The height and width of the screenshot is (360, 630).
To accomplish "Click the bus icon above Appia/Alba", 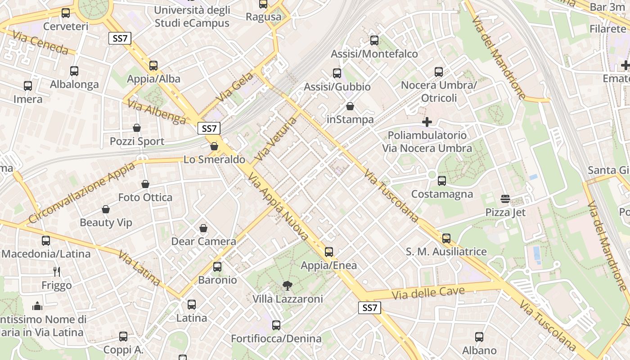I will pyautogui.click(x=153, y=66).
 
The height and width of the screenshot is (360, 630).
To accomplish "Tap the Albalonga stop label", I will pyautogui.click(x=74, y=84).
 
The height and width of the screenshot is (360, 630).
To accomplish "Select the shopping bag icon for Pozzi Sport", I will pyautogui.click(x=137, y=128).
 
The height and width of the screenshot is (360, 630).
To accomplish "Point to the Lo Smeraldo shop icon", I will pyautogui.click(x=214, y=146).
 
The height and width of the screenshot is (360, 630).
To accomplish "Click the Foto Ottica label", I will pyautogui.click(x=145, y=198).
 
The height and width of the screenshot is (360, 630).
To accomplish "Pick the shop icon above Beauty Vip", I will pyautogui.click(x=106, y=209).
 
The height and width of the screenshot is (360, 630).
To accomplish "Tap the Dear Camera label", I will pyautogui.click(x=203, y=242).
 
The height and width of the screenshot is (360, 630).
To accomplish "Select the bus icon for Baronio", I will pyautogui.click(x=217, y=267).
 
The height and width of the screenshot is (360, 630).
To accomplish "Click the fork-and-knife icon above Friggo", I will pyautogui.click(x=57, y=272).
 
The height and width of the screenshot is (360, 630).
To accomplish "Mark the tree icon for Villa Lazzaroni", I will pyautogui.click(x=287, y=285).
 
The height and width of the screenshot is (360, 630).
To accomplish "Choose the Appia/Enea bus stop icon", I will pyautogui.click(x=329, y=252).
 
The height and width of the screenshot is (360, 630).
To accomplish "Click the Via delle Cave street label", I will pyautogui.click(x=428, y=293).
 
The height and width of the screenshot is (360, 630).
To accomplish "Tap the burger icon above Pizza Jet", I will pyautogui.click(x=505, y=199).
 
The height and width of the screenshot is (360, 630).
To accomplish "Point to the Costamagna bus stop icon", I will pyautogui.click(x=442, y=181).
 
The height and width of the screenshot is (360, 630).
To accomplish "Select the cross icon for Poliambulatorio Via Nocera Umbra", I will pyautogui.click(x=427, y=122).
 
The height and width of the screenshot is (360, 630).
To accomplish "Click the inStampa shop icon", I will pyautogui.click(x=350, y=106).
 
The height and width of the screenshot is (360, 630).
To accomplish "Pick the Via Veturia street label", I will pyautogui.click(x=276, y=139).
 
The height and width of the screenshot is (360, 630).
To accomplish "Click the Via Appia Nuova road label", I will pyautogui.click(x=278, y=207).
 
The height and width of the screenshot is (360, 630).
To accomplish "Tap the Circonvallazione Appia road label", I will pyautogui.click(x=81, y=193).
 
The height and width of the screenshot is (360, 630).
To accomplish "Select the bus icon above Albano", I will pyautogui.click(x=479, y=337).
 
